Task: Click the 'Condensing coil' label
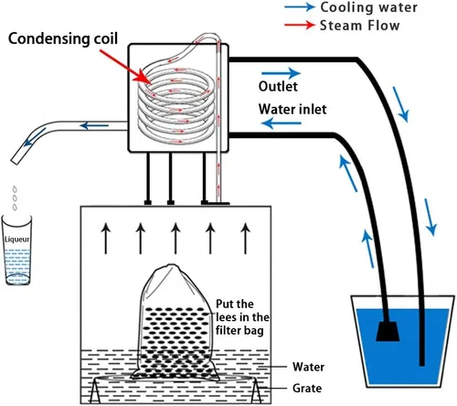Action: pyautogui.click(x=63, y=39)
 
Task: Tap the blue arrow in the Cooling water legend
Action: pyautogui.click(x=300, y=6)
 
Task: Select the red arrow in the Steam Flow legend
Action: pyautogui.click(x=300, y=25)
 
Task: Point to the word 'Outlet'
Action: pyautogui.click(x=278, y=86)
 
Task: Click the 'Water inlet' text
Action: pyautogui.click(x=292, y=109)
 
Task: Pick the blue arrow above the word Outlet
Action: pyautogui.click(x=281, y=73)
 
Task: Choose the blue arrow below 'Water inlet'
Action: pyautogui.click(x=282, y=123)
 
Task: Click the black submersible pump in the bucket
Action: pyautogui.click(x=388, y=331)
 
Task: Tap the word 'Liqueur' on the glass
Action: pyautogui.click(x=17, y=240)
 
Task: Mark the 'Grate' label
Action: pyautogui.click(x=307, y=389)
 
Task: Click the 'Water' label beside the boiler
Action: pyautogui.click(x=308, y=367)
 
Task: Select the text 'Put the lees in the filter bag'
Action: pyautogui.click(x=242, y=317)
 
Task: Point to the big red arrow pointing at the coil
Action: pyautogui.click(x=125, y=67)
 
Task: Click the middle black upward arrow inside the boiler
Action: pyautogui.click(x=175, y=239)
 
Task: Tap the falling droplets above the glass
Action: pyautogui.click(x=15, y=198)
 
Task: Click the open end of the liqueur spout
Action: pyautogui.click(x=15, y=161)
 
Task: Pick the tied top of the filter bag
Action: pyautogui.click(x=172, y=267)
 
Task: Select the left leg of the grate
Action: pyautogui.click(x=95, y=390)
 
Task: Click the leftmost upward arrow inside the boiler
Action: pyautogui.click(x=106, y=239)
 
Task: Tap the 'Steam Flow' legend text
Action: pyautogui.click(x=359, y=26)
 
